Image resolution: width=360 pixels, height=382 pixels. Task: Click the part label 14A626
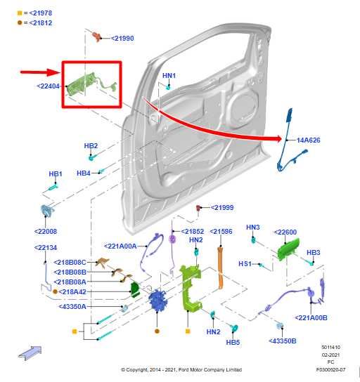tap(308, 140)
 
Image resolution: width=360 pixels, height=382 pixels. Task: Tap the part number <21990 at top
tap(122, 38)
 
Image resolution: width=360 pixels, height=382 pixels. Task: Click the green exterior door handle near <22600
tap(288, 249)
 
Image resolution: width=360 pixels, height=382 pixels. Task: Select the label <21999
tap(222, 208)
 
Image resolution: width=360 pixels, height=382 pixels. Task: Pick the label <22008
tap(45, 231)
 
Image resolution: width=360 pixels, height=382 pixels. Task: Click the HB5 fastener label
tap(233, 343)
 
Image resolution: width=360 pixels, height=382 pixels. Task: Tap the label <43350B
tap(283, 341)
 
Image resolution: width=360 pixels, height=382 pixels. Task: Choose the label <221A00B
tap(311, 318)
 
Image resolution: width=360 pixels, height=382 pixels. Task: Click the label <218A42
tap(72, 291)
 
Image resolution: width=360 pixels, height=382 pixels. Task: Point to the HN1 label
tap(169, 75)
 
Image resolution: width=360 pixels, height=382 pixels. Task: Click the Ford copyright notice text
tap(181, 369)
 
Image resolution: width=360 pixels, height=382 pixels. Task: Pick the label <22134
tap(46, 247)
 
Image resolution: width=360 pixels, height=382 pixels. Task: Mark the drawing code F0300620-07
tap(330, 369)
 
